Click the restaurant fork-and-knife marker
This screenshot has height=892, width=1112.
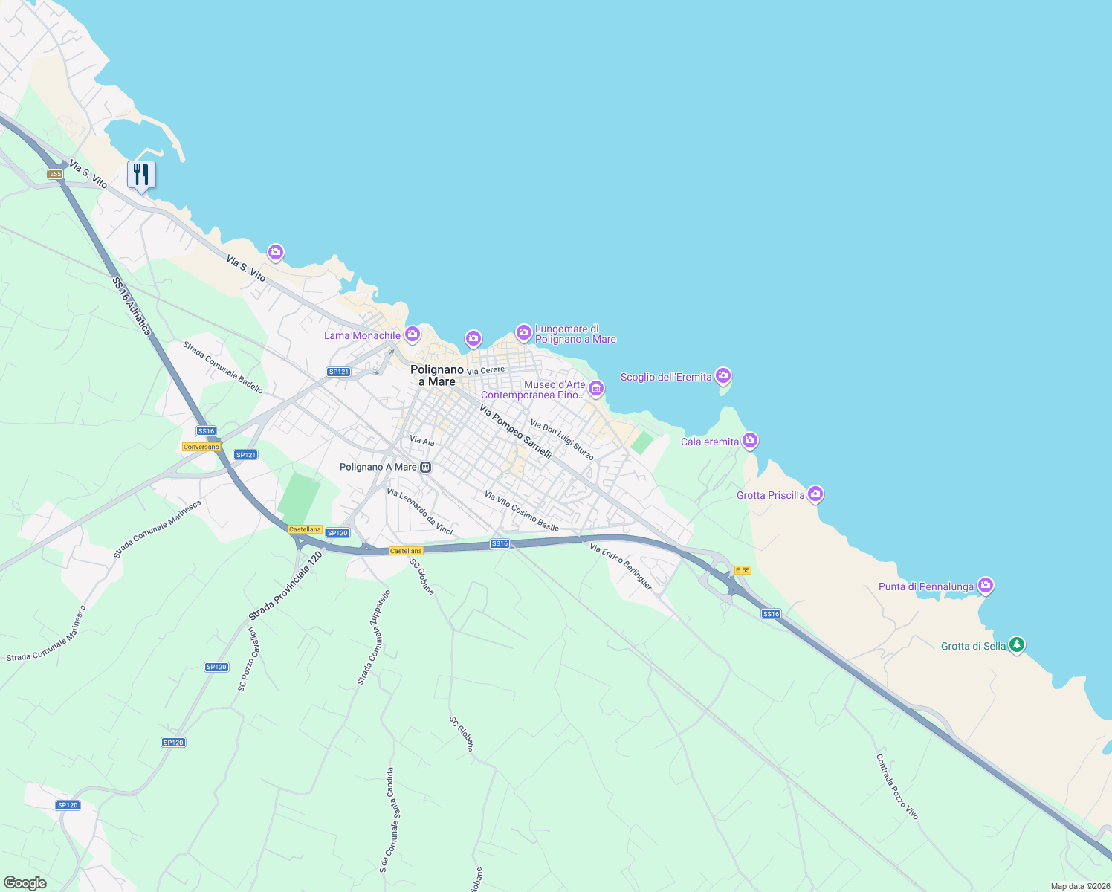141,175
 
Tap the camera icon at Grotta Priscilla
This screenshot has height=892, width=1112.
815,494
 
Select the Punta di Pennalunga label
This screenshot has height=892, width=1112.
925,586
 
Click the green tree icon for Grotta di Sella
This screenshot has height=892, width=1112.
1016,644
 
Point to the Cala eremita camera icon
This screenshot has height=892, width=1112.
750,441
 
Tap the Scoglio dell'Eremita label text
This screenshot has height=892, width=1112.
665,377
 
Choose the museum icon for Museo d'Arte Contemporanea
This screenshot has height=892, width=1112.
596,388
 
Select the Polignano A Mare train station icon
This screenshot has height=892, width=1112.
425,468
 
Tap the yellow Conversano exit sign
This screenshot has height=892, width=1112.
201,447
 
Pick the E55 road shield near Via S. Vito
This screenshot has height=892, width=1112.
55,174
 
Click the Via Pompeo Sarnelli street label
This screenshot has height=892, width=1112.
515,432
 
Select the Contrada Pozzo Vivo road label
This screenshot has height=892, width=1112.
896,787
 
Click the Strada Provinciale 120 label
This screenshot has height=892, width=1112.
285,586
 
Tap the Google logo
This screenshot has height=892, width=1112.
25,883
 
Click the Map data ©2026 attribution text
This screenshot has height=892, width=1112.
1079,886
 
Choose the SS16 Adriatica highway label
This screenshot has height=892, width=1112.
132,306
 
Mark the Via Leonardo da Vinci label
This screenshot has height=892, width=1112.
419,511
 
